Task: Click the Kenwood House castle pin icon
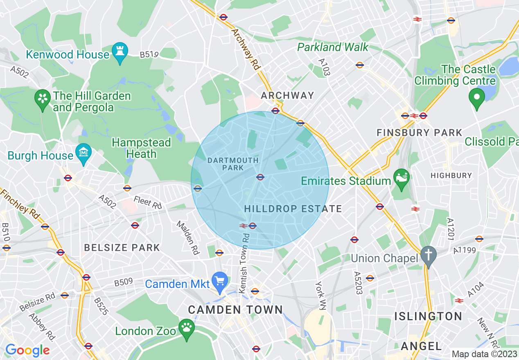(x=120, y=52)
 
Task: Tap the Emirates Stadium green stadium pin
(x=401, y=179)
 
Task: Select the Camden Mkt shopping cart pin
(x=220, y=282)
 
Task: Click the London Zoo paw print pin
(x=187, y=329)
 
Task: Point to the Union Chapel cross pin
(x=429, y=256)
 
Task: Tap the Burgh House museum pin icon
(x=83, y=153)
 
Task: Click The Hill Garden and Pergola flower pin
(x=42, y=99)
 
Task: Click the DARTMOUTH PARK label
(x=233, y=164)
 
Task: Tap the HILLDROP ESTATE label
(x=293, y=209)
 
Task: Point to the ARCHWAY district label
(x=288, y=95)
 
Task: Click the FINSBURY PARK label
(x=419, y=133)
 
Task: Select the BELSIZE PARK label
(x=122, y=248)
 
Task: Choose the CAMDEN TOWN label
(x=235, y=309)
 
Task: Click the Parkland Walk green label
(x=333, y=47)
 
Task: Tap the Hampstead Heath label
(x=141, y=148)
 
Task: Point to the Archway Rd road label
(x=246, y=49)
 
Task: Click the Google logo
(x=27, y=351)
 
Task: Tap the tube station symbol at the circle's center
(x=260, y=177)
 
